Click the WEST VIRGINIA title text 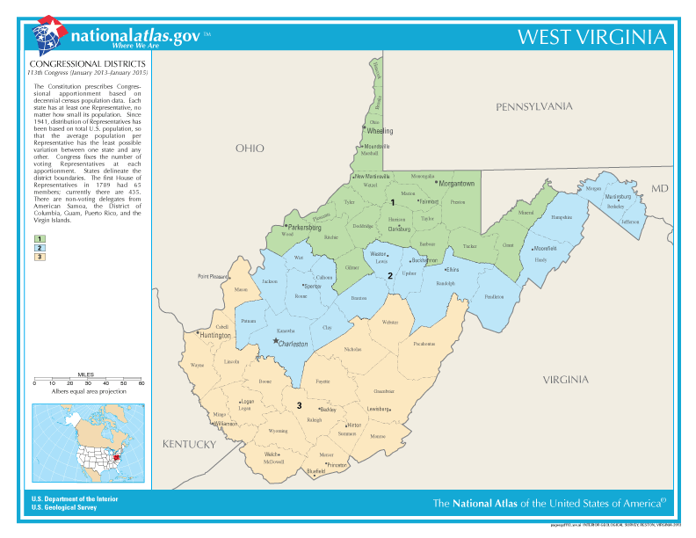click(591, 37)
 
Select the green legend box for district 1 click(40, 238)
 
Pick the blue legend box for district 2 click(40, 248)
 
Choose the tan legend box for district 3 click(40, 257)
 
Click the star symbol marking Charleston click(275, 341)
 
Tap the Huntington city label click(215, 335)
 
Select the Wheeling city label click(380, 131)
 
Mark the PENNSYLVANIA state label click(533, 105)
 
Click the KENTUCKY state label click(188, 445)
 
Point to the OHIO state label click(249, 149)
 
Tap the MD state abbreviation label click(660, 189)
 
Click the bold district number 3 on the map click(299, 405)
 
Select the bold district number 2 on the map click(390, 275)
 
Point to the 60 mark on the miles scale click(141, 383)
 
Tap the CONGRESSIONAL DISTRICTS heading click(87, 65)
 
